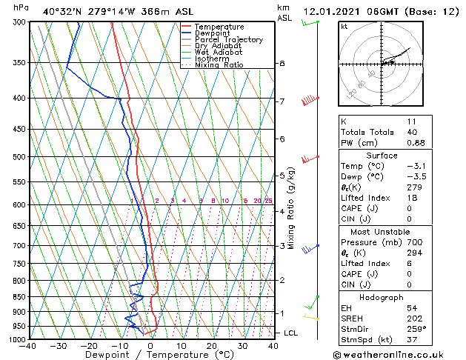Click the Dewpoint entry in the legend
[x=213, y=33]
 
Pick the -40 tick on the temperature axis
[x=28, y=346]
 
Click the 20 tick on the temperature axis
[x=212, y=346]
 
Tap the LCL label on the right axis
[x=290, y=333]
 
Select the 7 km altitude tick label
[x=282, y=101]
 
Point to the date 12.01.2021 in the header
[x=334, y=11]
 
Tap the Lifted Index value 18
[x=412, y=198]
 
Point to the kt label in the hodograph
[x=344, y=26]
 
